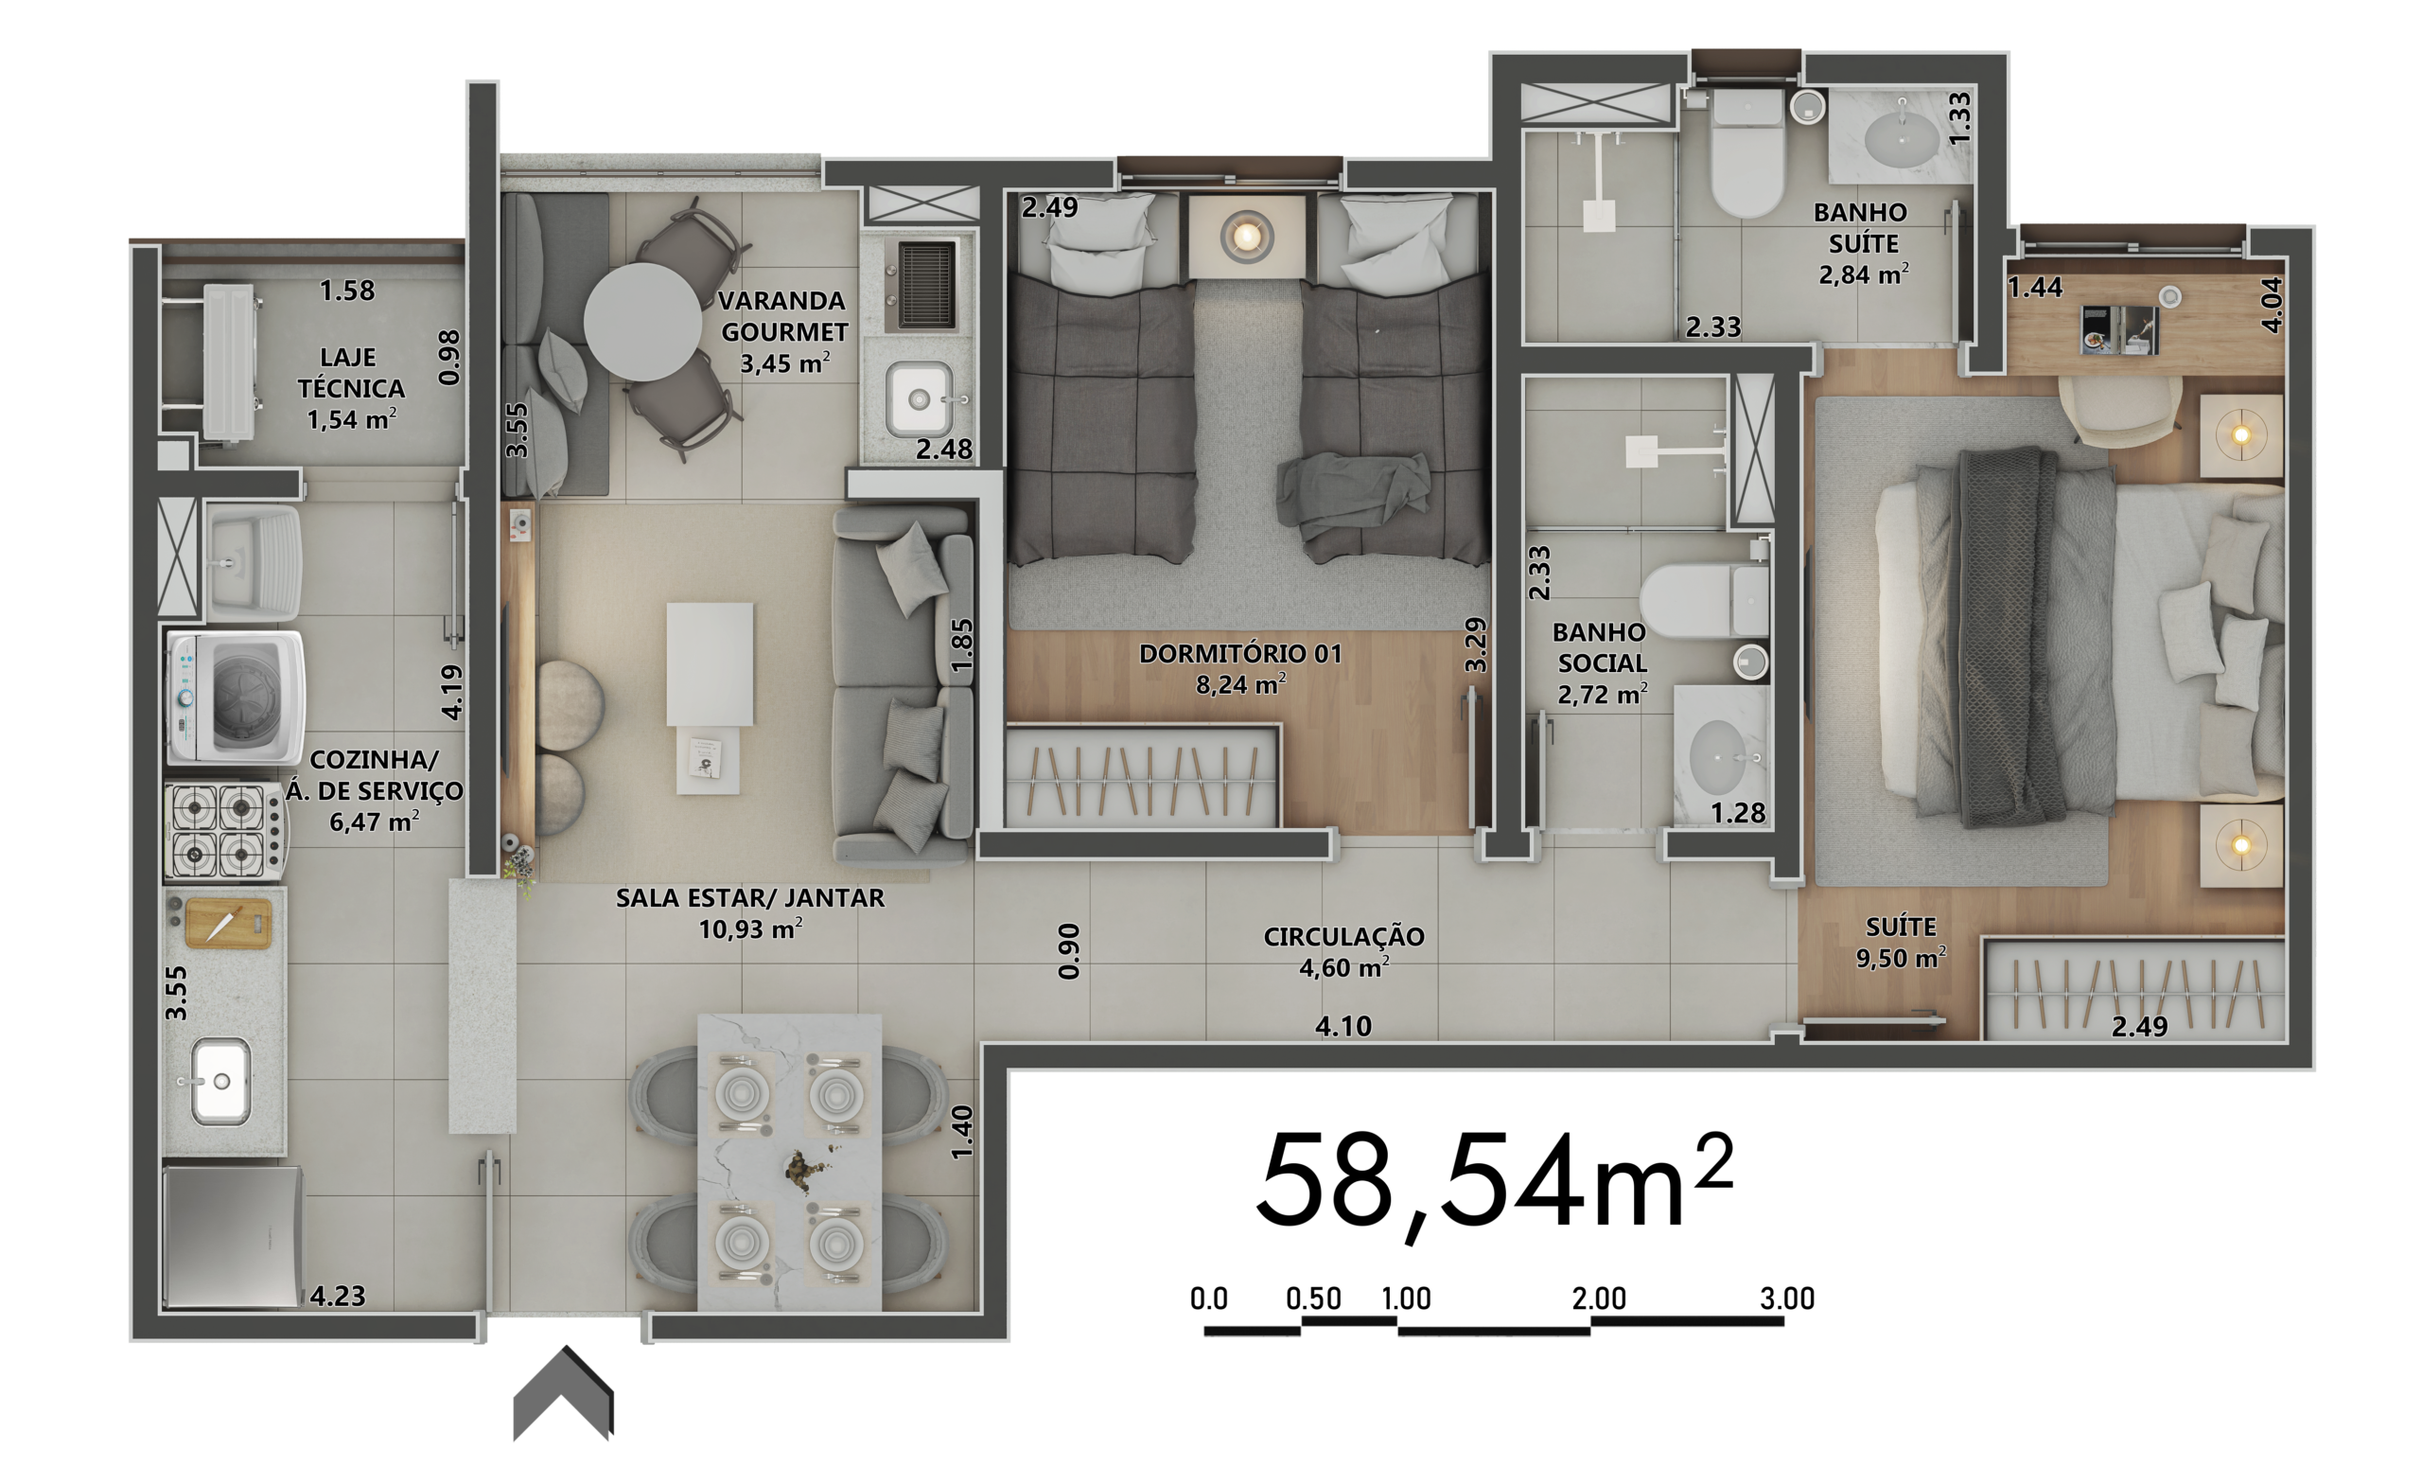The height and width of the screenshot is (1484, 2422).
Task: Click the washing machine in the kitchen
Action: pyautogui.click(x=235, y=698)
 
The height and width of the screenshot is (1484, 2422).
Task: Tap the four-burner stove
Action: pyautogui.click(x=225, y=830)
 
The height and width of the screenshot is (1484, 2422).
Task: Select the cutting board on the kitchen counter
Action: pyautogui.click(x=229, y=924)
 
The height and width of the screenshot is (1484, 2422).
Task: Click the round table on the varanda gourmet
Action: pyautogui.click(x=642, y=322)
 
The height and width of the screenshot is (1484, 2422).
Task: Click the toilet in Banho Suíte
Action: pyautogui.click(x=1746, y=154)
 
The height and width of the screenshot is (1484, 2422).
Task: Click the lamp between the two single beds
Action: pyautogui.click(x=1246, y=236)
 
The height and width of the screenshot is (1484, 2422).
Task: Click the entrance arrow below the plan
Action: pyautogui.click(x=563, y=1393)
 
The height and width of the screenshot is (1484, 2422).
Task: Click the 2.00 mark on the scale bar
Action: pyautogui.click(x=1598, y=1298)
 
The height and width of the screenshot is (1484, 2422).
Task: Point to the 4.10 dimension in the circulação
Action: pyautogui.click(x=1343, y=1026)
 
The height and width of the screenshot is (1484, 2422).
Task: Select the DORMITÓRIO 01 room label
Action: pyautogui.click(x=1240, y=654)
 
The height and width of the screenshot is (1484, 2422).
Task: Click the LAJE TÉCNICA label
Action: pyautogui.click(x=351, y=373)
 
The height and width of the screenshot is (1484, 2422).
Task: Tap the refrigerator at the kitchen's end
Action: pyautogui.click(x=233, y=1237)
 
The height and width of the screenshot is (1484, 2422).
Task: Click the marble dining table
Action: pyautogui.click(x=789, y=1162)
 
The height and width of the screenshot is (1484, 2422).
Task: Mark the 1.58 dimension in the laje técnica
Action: pyautogui.click(x=347, y=291)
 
